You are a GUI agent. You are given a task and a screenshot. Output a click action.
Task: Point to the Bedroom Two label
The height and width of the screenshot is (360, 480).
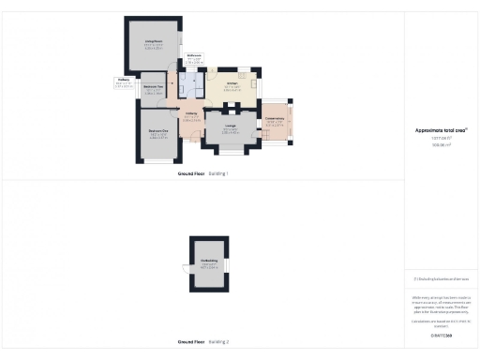tap(154, 88)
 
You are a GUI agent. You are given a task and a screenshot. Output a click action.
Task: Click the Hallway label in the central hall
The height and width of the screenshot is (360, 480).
tap(190, 116)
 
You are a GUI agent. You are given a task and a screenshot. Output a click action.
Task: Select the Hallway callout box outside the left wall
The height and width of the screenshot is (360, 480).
tap(123, 82)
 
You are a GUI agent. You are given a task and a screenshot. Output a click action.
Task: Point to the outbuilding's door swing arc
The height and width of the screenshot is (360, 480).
tap(186, 268)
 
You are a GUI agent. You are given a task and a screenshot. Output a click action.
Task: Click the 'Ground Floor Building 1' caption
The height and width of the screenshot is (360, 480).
tap(203, 174)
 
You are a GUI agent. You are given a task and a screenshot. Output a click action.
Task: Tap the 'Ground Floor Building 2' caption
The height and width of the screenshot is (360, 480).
tap(203, 342)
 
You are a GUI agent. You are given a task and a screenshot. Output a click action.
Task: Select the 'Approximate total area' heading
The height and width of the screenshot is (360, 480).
tap(441, 130)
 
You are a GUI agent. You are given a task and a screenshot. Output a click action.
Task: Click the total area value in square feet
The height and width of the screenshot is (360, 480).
tap(441, 139)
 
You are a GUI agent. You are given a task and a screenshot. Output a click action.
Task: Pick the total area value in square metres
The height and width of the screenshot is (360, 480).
tap(441, 145)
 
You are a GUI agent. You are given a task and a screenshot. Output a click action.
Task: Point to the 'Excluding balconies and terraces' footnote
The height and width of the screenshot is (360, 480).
tap(441, 279)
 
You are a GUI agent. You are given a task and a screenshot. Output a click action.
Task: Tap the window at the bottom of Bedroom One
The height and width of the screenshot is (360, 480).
tap(157, 163)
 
